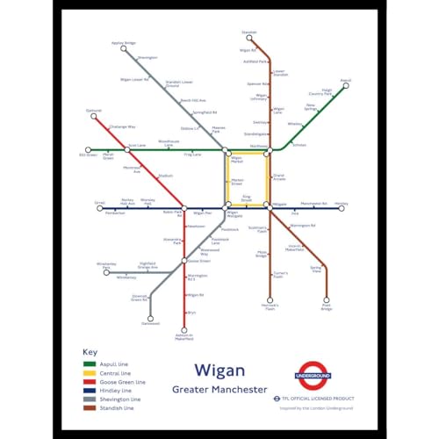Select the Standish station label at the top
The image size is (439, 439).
[248, 32]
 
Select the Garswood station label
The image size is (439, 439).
[150, 324]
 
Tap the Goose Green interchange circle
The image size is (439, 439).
[184, 261]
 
